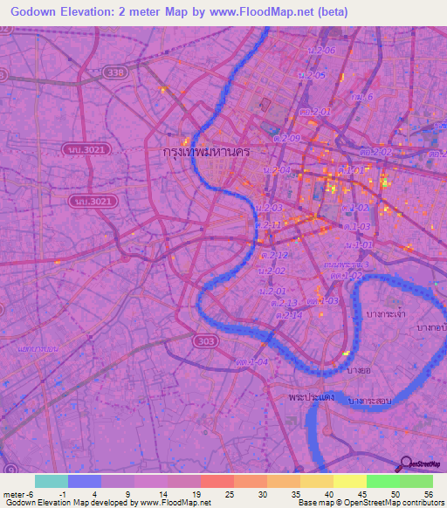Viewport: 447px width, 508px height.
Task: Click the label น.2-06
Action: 321,50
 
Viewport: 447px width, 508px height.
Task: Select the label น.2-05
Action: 312,76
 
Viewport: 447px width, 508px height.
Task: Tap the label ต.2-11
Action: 267,224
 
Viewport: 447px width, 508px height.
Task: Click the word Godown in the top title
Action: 31,12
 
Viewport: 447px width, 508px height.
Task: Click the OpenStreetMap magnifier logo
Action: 406,463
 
